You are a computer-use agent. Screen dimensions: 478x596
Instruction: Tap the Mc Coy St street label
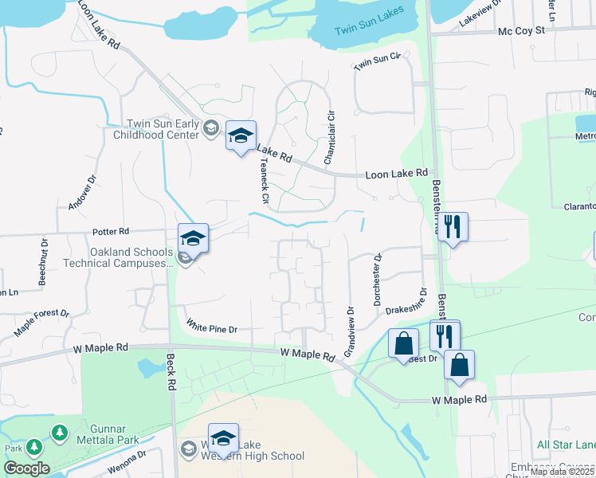pyautogui.click(x=520, y=30)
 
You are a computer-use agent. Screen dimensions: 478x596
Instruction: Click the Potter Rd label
pyautogui.click(x=111, y=232)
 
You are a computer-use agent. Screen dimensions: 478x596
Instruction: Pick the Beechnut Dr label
pyautogui.click(x=43, y=261)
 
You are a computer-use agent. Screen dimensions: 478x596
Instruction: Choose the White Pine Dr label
pyautogui.click(x=212, y=327)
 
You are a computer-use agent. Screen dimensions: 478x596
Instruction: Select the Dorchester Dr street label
pyautogui.click(x=379, y=279)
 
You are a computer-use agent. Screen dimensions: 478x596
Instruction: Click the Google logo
pyautogui.click(x=25, y=468)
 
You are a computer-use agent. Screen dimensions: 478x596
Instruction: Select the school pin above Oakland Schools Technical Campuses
pyautogui.click(x=193, y=237)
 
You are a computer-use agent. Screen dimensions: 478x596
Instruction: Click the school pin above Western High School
pyautogui.click(x=224, y=437)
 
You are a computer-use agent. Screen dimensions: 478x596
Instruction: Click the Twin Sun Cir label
pyautogui.click(x=376, y=61)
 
